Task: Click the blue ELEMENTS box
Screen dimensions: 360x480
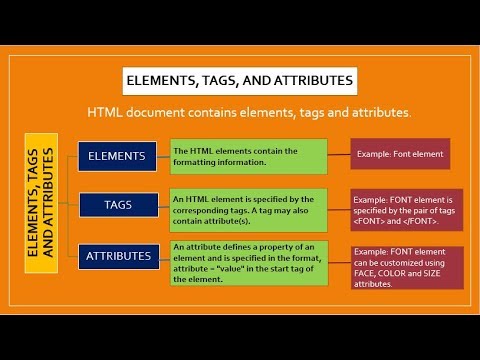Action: pos(117,156)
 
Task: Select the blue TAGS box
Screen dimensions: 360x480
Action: pos(117,205)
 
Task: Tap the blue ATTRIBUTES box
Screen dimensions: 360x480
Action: pos(117,256)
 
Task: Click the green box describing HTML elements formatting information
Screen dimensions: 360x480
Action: pos(249,156)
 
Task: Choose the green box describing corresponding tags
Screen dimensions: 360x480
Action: pos(249,205)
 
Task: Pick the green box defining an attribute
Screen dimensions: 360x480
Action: pos(249,262)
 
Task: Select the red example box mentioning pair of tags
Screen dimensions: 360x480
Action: pos(407,211)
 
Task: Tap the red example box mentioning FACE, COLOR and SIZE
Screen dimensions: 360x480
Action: pos(407,267)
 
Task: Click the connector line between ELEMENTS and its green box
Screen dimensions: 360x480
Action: pos(164,156)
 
